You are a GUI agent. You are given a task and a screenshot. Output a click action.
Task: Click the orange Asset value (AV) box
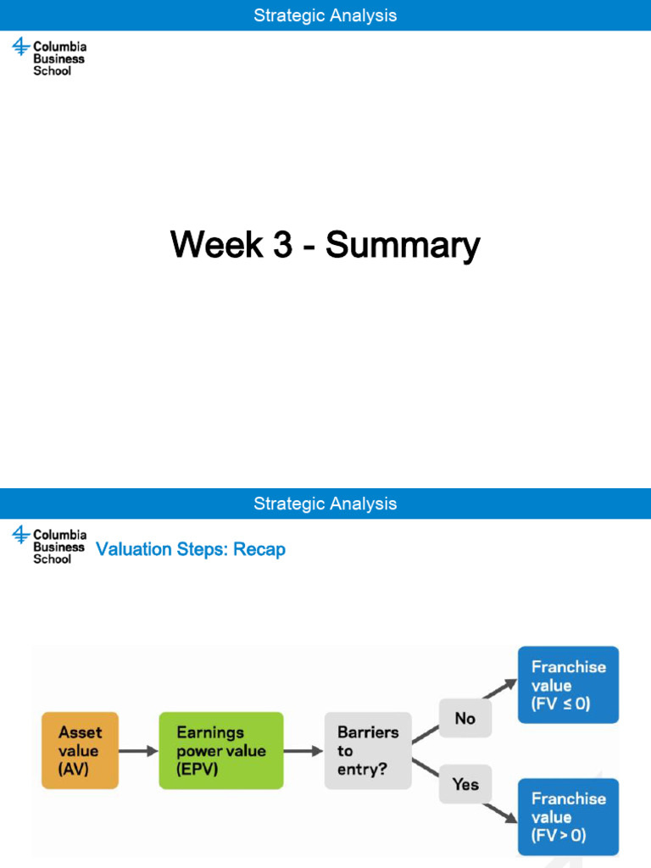(x=80, y=751)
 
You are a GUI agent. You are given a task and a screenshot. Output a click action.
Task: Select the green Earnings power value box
(x=220, y=751)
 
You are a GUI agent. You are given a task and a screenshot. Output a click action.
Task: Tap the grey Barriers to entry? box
(x=368, y=751)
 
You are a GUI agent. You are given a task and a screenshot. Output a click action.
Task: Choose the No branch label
(x=465, y=718)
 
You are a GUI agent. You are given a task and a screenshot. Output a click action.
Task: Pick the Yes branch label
(x=465, y=784)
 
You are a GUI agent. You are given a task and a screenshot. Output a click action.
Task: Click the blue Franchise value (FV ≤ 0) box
(x=568, y=685)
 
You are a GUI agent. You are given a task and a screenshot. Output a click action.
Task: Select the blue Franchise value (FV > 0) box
(x=568, y=816)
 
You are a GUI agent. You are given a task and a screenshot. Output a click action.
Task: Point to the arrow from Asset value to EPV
(x=138, y=751)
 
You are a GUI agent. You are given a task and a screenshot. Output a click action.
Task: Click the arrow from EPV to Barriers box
(x=303, y=751)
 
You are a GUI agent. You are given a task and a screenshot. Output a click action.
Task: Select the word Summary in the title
(x=403, y=245)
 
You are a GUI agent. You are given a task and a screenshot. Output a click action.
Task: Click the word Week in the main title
(x=216, y=245)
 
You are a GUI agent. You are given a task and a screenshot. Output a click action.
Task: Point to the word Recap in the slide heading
(x=259, y=549)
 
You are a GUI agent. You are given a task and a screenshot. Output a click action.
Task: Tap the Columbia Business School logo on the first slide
(x=49, y=58)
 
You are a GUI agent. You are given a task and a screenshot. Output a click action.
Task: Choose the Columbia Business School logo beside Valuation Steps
(x=49, y=546)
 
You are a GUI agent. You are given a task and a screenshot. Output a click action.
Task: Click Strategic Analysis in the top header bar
(x=325, y=15)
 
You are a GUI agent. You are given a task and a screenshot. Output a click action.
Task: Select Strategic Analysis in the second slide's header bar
(x=325, y=504)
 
